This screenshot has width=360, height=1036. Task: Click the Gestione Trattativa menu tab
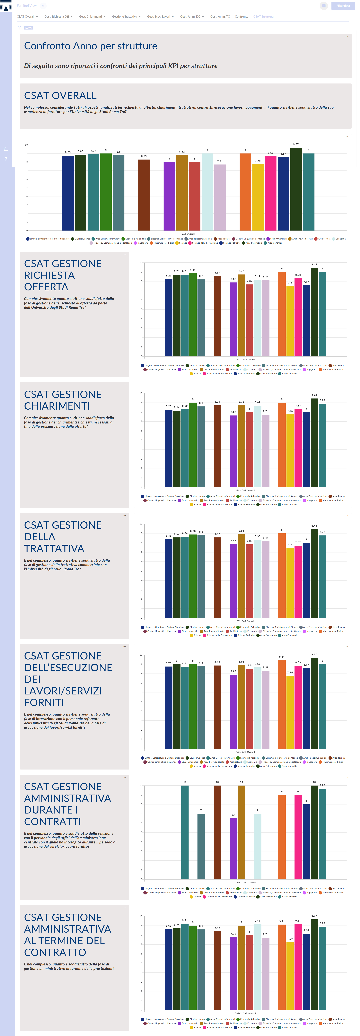coord(125,16)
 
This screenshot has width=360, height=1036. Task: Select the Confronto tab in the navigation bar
coord(241,16)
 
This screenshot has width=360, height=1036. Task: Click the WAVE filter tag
coord(29,28)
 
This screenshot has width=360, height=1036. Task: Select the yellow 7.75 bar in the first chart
coord(258,197)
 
